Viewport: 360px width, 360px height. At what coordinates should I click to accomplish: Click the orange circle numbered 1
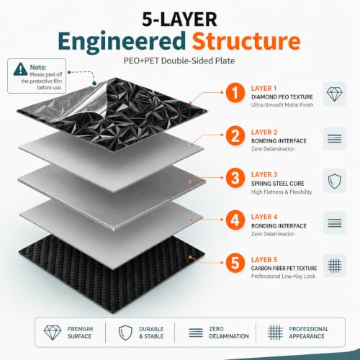[235, 93]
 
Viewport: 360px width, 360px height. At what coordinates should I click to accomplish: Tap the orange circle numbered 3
[235, 178]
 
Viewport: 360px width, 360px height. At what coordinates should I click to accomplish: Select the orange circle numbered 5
[235, 263]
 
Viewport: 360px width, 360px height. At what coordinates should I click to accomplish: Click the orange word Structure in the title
[246, 41]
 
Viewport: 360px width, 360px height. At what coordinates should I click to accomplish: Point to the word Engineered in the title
[122, 42]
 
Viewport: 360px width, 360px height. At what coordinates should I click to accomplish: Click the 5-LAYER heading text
[179, 19]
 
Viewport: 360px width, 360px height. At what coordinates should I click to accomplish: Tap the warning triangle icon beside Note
[21, 69]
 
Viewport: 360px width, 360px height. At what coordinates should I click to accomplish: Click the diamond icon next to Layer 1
[335, 94]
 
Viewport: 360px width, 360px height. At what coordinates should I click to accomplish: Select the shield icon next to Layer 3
[335, 181]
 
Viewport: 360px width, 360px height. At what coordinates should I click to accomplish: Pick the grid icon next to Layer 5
[335, 266]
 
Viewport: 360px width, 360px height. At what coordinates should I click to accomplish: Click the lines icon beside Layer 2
[335, 138]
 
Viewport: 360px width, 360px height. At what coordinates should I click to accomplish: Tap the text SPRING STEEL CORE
[278, 184]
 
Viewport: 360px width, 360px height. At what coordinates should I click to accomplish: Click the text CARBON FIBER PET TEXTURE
[284, 269]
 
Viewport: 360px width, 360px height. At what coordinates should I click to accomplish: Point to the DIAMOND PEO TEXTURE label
[282, 97]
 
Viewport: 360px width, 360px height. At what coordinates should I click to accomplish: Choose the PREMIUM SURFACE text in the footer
[80, 333]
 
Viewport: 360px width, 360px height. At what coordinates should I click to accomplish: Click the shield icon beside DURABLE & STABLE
[125, 333]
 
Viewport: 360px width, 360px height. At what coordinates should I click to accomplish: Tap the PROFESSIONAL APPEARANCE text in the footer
[309, 333]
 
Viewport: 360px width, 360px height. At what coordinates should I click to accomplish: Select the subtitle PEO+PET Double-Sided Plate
[179, 61]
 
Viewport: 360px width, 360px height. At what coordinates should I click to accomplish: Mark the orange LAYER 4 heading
[264, 217]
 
